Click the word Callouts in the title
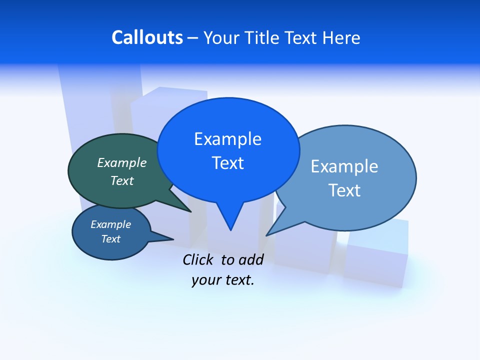[147, 38]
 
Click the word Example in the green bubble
[122, 163]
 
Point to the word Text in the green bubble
[122, 180]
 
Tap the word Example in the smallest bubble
[111, 224]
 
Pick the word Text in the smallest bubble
[111, 239]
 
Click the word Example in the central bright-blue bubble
[228, 139]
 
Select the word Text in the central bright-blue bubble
[228, 163]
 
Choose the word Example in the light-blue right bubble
[344, 166]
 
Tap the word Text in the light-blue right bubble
[344, 190]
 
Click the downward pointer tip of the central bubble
[230, 230]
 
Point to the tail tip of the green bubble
[191, 212]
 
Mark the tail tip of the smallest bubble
[173, 238]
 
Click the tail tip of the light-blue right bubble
[266, 235]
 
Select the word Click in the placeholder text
[198, 259]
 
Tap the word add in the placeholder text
[251, 259]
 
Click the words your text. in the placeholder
[223, 280]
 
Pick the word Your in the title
[222, 38]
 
